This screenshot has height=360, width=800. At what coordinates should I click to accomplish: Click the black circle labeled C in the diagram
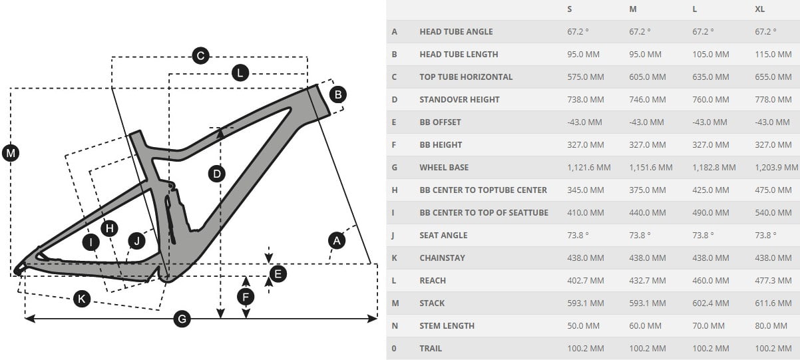pyautogui.click(x=200, y=56)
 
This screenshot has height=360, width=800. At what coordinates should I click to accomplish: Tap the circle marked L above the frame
pyautogui.click(x=240, y=73)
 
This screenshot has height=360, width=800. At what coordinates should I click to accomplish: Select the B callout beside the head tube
pyautogui.click(x=338, y=94)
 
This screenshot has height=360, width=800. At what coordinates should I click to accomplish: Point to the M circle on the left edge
pyautogui.click(x=11, y=154)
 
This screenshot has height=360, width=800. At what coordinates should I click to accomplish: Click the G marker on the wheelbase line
pyautogui.click(x=182, y=319)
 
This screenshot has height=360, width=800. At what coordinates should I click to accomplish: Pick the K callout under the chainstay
pyautogui.click(x=81, y=299)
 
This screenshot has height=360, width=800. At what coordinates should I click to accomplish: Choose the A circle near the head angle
pyautogui.click(x=337, y=240)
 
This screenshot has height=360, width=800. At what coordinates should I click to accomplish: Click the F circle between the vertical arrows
pyautogui.click(x=246, y=296)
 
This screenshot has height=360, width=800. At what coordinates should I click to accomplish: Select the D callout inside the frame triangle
pyautogui.click(x=217, y=174)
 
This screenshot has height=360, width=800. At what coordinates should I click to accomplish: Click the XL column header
pyautogui.click(x=760, y=9)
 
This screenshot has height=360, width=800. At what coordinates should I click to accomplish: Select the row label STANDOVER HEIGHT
pyautogui.click(x=459, y=100)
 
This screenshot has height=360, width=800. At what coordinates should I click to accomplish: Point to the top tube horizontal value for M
pyautogui.click(x=647, y=77)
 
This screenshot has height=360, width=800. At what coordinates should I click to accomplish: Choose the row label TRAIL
pyautogui.click(x=431, y=349)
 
